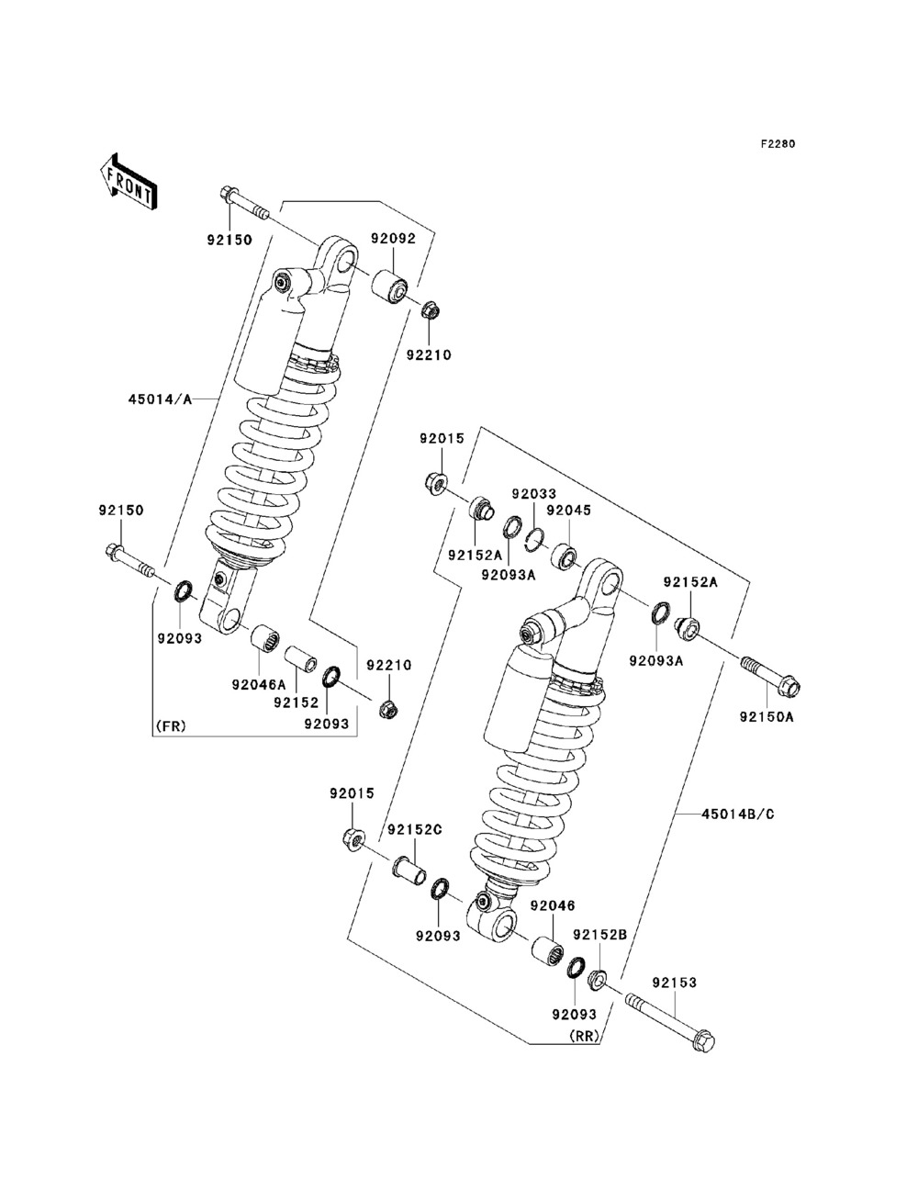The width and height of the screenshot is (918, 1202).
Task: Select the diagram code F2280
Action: click(777, 144)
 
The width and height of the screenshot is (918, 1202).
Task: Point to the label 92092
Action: click(393, 239)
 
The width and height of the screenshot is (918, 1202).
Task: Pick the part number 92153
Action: click(675, 983)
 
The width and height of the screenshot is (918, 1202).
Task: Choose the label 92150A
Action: click(767, 717)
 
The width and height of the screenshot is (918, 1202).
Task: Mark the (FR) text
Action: click(170, 726)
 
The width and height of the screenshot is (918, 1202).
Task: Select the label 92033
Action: click(534, 494)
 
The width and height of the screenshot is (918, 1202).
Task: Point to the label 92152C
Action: click(414, 829)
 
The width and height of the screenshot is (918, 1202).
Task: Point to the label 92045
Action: click(568, 511)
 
